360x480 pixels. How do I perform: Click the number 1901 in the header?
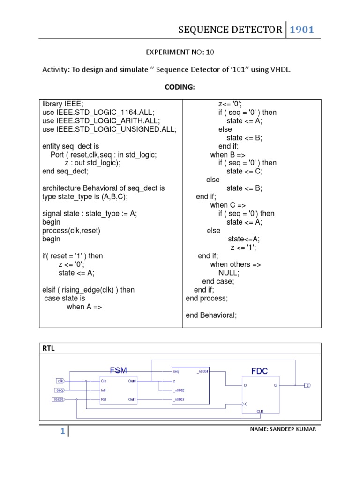click(301, 30)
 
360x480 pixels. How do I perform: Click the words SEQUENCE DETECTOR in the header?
click(230, 30)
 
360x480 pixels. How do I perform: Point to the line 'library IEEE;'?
click(63, 104)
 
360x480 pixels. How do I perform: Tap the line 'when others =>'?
click(235, 264)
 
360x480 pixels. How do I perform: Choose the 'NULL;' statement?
click(229, 273)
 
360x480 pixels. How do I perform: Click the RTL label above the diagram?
click(49, 348)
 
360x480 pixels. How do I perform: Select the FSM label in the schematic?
click(118, 370)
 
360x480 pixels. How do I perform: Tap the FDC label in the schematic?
click(259, 371)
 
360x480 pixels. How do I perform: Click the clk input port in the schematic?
click(60, 381)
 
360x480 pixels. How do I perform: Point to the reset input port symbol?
click(58, 399)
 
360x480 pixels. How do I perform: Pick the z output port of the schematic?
click(307, 385)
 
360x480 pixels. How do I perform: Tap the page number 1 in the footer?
click(62, 432)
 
